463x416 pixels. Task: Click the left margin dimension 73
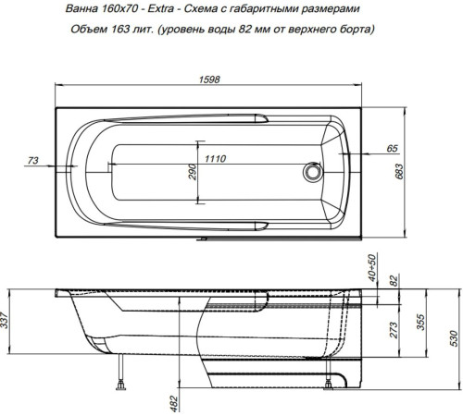(x=33, y=161)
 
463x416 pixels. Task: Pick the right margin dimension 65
(x=392, y=148)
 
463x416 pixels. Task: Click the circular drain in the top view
(x=313, y=172)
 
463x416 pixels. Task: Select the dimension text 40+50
(x=373, y=269)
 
